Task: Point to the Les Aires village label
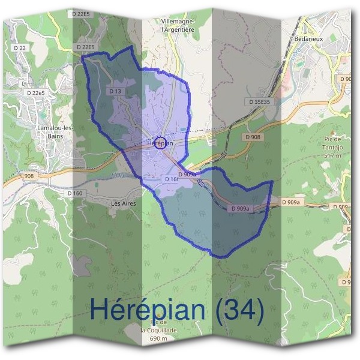tap(124, 204)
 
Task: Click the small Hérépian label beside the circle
tap(156, 143)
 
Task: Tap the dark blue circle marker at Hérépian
tap(169, 143)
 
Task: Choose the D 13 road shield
tap(116, 91)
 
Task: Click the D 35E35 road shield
tap(262, 102)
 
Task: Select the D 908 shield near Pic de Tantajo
tap(253, 137)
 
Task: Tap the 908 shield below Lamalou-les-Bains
tap(29, 176)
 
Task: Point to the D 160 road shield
tap(75, 193)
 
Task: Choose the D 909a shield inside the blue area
tap(241, 208)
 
